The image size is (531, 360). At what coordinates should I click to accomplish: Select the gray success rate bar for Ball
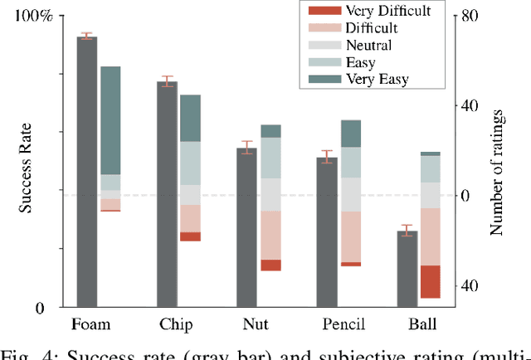click(x=407, y=269)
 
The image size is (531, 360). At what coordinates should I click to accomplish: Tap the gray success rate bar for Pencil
click(x=327, y=232)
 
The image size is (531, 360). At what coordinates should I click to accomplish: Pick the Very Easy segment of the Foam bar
click(x=110, y=120)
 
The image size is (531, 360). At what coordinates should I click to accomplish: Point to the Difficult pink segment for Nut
click(x=270, y=235)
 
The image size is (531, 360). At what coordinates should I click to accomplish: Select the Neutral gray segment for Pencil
click(x=351, y=194)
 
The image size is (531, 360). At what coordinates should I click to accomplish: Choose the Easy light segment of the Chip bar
click(x=191, y=163)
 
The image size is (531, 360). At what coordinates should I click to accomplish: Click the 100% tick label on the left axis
click(x=34, y=17)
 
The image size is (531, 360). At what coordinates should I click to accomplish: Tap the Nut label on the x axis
click(x=255, y=324)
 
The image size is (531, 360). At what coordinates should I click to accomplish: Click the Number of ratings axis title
click(x=497, y=167)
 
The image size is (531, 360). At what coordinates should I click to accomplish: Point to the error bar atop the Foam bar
click(x=86, y=36)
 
